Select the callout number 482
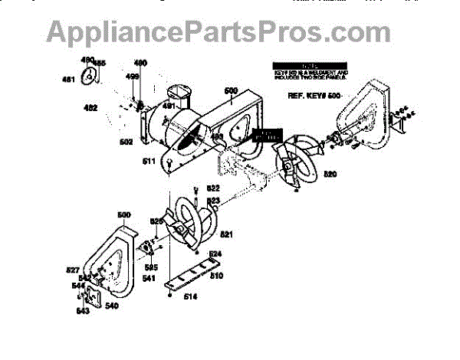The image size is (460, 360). pos(90,109)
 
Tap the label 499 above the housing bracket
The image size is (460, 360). pos(132,77)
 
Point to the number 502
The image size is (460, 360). pos(127,142)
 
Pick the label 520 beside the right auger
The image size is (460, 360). pos(330,175)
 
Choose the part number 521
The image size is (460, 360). pos(227,234)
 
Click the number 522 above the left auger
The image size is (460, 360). pos(213,188)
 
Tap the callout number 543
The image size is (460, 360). pos(83,310)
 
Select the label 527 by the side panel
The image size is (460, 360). pos(73,270)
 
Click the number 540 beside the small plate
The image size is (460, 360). pos(112,306)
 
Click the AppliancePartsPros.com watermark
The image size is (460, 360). pos(219,32)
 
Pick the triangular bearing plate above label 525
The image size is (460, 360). pos(144,247)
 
